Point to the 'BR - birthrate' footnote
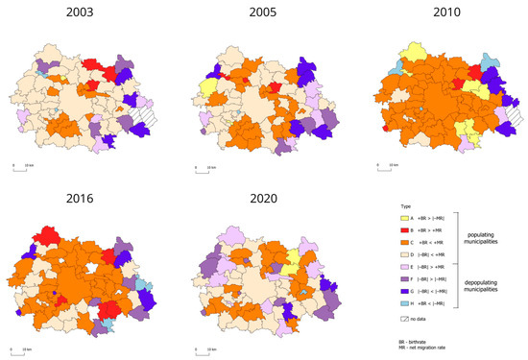(418, 344)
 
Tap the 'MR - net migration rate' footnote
(428, 351)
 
